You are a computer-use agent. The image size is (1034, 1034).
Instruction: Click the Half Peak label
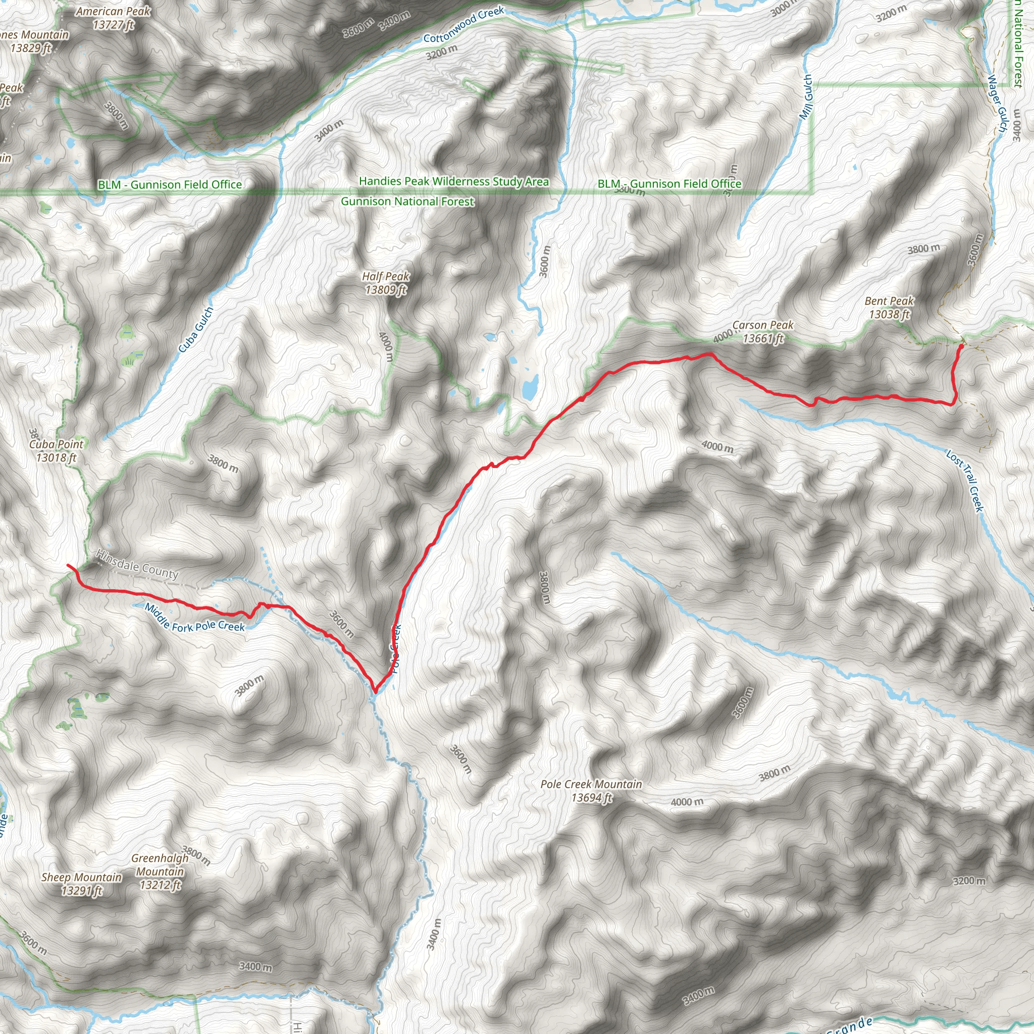point(385,283)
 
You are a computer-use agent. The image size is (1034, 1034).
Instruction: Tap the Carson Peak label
point(763,331)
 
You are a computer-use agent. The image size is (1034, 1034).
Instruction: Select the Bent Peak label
point(889,308)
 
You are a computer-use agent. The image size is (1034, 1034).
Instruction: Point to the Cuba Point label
point(56,451)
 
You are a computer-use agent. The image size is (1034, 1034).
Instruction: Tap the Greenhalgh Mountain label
point(160,871)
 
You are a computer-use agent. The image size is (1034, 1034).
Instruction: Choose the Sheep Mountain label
point(81,884)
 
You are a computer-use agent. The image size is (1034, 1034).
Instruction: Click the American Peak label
point(113,18)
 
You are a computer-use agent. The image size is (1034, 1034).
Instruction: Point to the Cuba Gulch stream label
point(196,330)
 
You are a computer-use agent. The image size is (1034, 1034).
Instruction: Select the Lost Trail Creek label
point(964,481)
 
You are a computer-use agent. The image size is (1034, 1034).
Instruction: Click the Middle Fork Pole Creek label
point(195,617)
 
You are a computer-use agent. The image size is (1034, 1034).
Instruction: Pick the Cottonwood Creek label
point(463,24)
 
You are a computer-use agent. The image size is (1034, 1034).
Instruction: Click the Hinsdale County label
point(137,564)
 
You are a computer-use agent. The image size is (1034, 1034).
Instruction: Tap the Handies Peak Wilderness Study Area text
point(454,181)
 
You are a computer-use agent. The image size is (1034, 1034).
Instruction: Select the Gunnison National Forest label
point(407,202)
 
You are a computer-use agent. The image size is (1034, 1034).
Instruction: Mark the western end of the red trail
point(68,564)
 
